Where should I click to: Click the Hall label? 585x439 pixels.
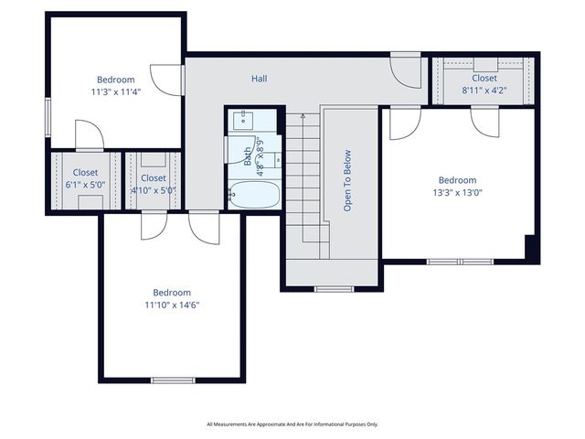click(260, 79)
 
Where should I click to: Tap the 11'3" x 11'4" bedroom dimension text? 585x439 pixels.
click(116, 92)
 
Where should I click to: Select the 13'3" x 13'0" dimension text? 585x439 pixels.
click(457, 193)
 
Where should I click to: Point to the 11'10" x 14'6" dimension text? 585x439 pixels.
click(172, 305)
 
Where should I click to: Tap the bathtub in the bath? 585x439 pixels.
click(253, 194)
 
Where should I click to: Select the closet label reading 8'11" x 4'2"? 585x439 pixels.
click(484, 91)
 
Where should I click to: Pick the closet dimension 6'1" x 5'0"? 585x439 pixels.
click(85, 184)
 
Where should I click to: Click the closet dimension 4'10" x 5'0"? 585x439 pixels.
click(153, 190)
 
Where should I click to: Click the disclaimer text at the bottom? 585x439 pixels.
click(292, 424)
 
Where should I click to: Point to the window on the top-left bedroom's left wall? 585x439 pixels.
click(48, 117)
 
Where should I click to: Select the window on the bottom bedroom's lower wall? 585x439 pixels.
click(173, 380)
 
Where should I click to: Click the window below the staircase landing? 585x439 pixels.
click(331, 289)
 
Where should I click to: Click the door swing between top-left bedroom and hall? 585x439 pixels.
click(167, 80)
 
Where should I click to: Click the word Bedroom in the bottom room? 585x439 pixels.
click(172, 293)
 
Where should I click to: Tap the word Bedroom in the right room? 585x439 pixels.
click(457, 180)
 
